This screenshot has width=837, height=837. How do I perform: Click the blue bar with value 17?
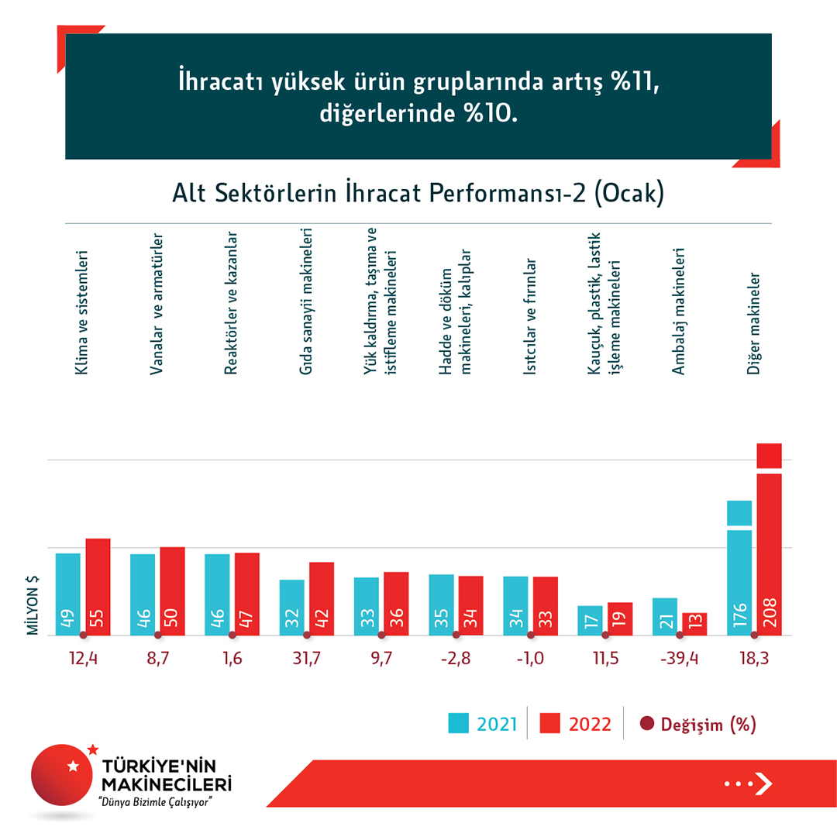(590, 620)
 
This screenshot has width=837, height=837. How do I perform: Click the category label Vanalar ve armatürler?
(156, 304)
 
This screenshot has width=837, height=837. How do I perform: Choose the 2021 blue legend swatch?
(460, 724)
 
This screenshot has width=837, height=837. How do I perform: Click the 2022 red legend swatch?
(549, 724)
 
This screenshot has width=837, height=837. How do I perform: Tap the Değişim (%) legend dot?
(647, 725)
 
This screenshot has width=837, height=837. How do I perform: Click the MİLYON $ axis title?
(33, 605)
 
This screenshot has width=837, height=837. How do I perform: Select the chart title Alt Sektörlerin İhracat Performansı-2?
(418, 194)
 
